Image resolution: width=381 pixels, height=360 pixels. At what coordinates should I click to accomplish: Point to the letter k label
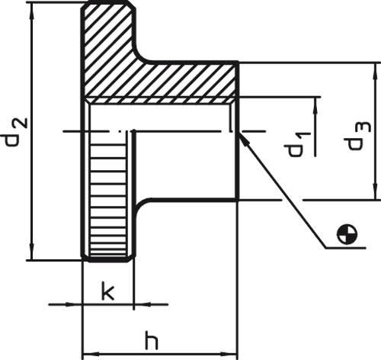point(107,291)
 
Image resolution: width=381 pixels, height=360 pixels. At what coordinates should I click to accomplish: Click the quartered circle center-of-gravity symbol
point(347,234)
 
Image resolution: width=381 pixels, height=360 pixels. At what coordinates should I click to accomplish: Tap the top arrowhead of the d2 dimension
point(31,10)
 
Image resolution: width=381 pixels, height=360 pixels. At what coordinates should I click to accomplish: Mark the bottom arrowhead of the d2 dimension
point(31,252)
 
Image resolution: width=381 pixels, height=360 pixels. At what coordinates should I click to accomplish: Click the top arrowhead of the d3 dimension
point(375,70)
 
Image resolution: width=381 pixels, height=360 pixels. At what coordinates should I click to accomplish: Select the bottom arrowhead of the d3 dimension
point(375,192)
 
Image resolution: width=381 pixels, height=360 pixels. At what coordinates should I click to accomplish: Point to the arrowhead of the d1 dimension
point(315,105)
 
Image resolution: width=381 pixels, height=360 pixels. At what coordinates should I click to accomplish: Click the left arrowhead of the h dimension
point(91,354)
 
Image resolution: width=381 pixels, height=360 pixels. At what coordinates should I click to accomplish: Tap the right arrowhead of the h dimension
point(229,354)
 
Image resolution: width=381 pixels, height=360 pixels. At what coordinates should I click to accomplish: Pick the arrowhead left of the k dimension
point(74,304)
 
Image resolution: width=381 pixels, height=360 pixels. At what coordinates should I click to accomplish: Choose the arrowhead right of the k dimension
point(142,304)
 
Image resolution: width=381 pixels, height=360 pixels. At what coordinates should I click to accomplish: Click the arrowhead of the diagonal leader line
point(243,139)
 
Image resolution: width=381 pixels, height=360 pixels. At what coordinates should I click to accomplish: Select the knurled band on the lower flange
point(108,200)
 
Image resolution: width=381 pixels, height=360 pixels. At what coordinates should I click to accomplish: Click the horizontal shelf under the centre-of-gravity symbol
point(346,247)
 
